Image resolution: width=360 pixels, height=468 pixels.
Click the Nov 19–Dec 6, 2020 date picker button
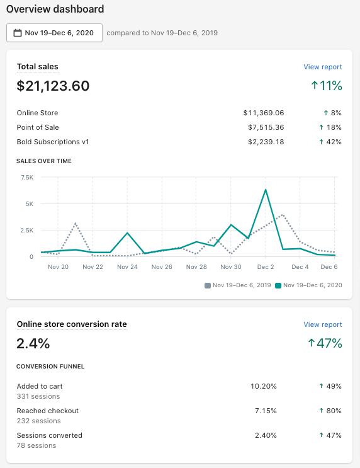54,33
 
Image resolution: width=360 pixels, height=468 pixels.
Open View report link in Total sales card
322,67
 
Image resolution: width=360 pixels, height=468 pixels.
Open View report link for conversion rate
322,324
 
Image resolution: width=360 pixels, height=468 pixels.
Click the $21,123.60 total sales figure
53,86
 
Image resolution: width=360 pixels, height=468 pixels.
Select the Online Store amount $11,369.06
264,113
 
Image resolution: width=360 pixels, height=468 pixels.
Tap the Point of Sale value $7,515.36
266,127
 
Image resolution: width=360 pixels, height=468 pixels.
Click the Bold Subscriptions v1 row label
53,142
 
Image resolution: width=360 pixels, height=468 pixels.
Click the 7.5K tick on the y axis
27,178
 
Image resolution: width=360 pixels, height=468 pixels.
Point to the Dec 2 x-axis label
266,266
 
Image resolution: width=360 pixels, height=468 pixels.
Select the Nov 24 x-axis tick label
127,266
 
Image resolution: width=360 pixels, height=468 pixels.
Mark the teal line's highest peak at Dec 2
266,190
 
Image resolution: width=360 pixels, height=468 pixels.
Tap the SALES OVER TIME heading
44,161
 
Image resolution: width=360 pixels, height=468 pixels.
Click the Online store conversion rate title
72,324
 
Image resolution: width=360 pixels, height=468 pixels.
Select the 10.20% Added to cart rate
264,386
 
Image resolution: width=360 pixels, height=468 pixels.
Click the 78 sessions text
37,445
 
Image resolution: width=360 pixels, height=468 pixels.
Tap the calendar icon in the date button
18,33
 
